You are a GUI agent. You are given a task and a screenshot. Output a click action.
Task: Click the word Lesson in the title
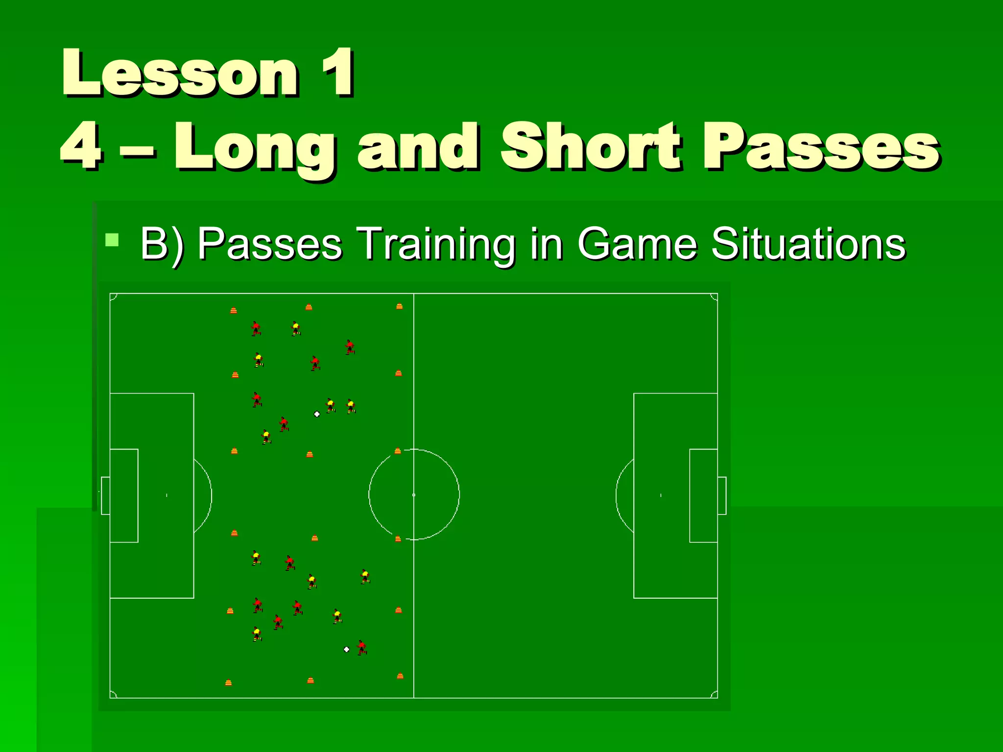coord(180,73)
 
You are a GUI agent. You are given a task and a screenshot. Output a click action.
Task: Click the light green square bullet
coord(112,240)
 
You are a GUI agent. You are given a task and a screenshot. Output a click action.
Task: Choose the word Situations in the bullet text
coord(808,243)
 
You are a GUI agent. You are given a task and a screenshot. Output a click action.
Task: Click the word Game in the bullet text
coord(637,243)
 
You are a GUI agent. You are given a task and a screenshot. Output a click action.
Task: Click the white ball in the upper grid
coord(317,414)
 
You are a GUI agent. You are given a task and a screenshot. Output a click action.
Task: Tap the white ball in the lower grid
coord(347,650)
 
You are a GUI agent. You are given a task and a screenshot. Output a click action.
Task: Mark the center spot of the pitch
coord(414,495)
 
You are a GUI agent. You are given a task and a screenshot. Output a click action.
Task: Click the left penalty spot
coord(167,495)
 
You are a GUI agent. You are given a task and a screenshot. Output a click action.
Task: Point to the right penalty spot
coord(661,495)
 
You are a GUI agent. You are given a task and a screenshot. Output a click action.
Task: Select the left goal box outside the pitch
coord(105,495)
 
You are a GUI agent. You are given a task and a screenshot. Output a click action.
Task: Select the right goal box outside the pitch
coord(722,495)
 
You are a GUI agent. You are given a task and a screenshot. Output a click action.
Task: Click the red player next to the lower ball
coord(362,648)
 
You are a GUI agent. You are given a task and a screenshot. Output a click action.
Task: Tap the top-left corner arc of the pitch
coord(113,296)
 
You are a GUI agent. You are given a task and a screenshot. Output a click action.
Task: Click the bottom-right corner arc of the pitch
coord(715,695)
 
